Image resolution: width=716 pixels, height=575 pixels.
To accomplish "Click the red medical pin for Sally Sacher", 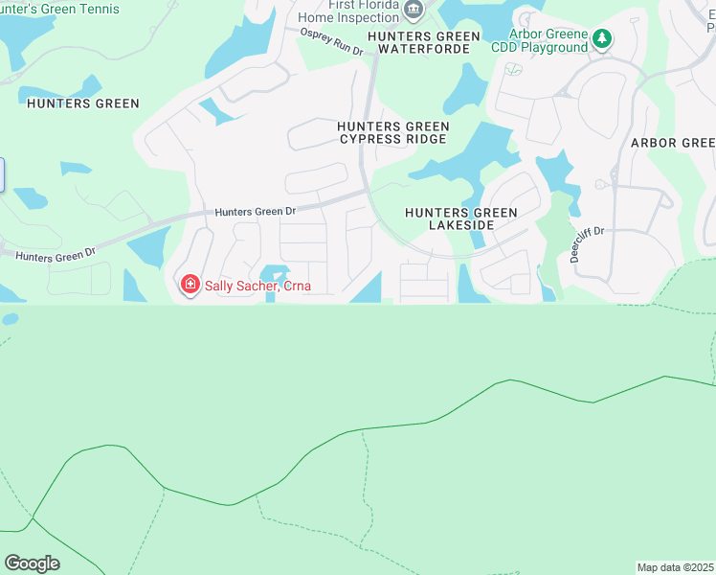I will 190,285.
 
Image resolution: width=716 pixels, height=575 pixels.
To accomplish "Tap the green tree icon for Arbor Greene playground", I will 601,39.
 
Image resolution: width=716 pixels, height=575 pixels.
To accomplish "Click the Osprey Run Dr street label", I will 332,43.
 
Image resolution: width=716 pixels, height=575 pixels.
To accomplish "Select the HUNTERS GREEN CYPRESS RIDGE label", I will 392,132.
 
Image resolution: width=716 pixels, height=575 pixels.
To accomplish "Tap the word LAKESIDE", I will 460,225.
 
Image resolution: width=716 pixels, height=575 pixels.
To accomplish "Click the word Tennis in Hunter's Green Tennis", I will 101,9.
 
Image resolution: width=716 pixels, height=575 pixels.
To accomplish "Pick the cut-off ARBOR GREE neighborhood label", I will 672,143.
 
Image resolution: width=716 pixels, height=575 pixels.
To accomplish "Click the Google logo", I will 32,563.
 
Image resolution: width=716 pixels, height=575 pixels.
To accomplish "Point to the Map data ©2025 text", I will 675,567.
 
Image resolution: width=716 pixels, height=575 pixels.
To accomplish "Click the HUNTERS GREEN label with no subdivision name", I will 83,103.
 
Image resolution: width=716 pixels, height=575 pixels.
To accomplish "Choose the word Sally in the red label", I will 221,285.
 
